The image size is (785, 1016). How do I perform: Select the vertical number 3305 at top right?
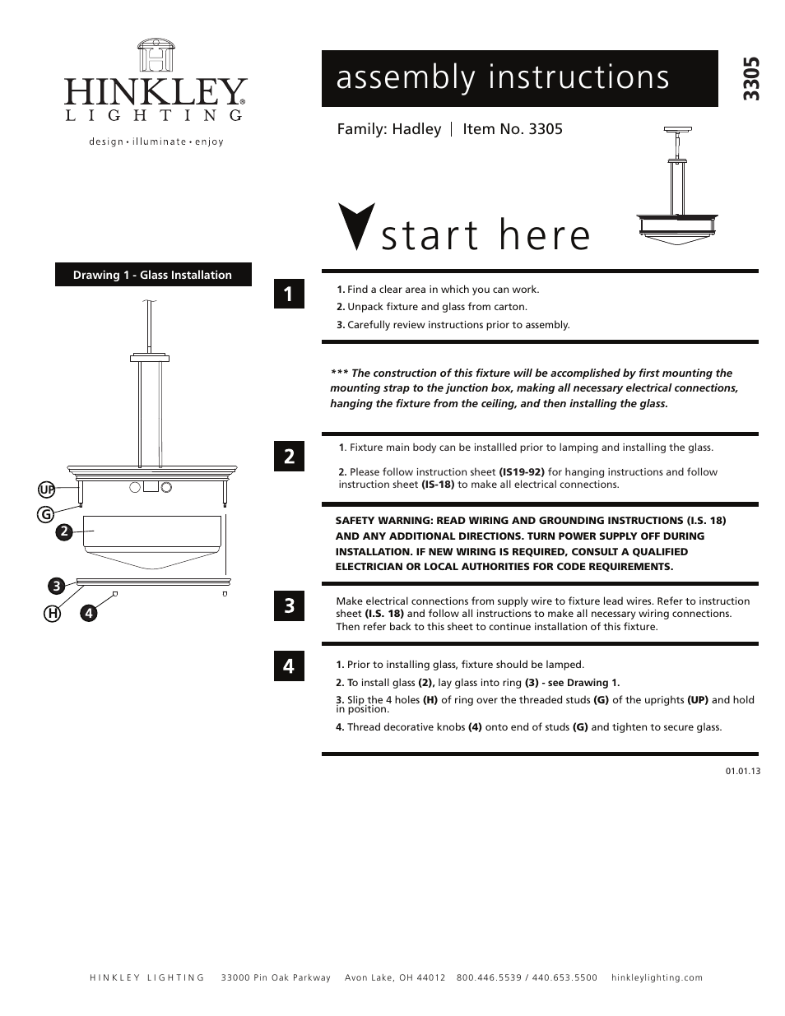tap(750, 79)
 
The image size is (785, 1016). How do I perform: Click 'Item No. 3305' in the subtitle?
tap(512, 129)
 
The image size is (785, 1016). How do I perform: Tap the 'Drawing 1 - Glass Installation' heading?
tap(153, 275)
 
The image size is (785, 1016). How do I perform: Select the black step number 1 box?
tap(289, 294)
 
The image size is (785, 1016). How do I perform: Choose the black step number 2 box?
tap(289, 457)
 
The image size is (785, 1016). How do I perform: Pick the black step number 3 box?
tap(289, 606)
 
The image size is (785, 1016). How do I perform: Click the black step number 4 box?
tap(289, 666)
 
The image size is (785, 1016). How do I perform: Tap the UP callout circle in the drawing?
tap(47, 490)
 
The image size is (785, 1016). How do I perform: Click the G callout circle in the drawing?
tap(46, 515)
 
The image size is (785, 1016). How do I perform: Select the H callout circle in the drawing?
tap(53, 613)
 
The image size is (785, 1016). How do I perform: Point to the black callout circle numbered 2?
tap(64, 531)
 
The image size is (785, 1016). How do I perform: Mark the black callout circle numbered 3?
tap(56, 586)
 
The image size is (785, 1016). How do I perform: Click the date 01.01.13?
tap(742, 771)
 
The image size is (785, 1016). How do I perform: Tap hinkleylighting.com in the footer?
tap(657, 977)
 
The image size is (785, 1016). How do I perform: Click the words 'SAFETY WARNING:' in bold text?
tap(383, 521)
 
